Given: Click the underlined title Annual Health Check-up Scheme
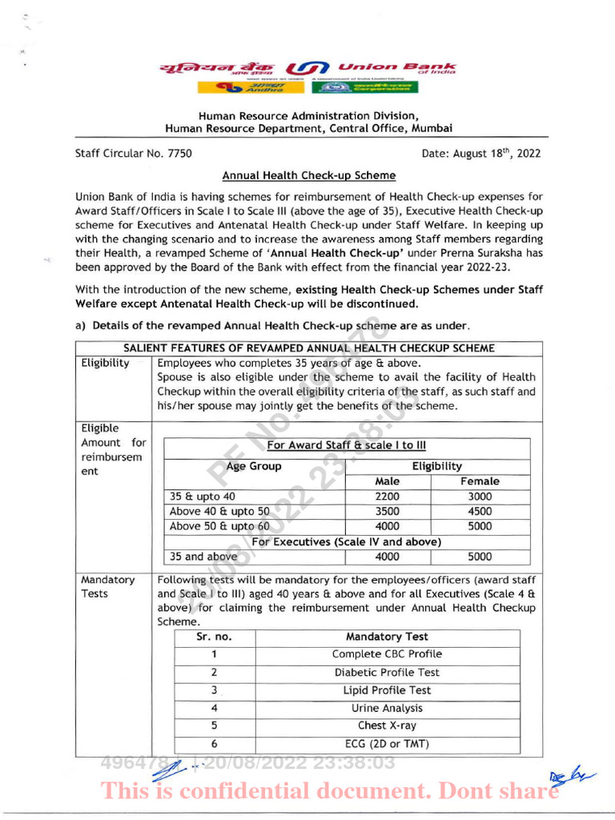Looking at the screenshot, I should [308, 175].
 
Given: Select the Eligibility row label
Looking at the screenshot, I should [106, 363].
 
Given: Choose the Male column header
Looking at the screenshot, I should [388, 481].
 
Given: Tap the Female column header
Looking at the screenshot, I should [480, 481].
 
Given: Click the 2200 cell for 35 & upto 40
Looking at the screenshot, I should [388, 496].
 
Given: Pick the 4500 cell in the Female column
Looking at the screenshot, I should [480, 511].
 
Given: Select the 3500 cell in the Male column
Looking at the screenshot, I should [388, 511].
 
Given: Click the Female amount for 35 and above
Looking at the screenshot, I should [480, 557].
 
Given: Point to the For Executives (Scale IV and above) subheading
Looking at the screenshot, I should [347, 541].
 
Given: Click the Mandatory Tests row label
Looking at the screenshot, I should [108, 586].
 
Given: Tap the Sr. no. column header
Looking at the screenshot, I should [214, 637].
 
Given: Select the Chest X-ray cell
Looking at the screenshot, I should [387, 726].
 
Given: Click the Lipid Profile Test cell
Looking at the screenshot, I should [387, 690].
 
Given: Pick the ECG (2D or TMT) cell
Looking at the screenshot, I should [387, 744].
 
